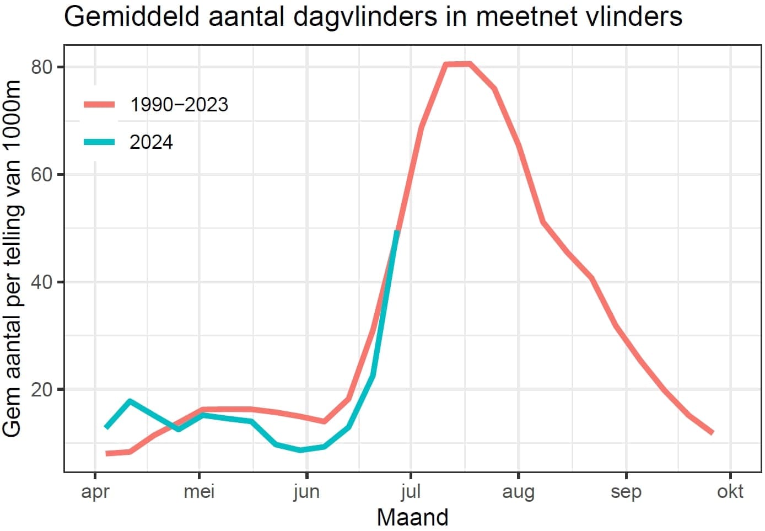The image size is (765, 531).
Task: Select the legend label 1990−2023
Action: [x=179, y=105]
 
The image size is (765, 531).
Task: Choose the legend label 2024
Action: [x=151, y=142]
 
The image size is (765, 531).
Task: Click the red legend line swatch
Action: [x=99, y=104]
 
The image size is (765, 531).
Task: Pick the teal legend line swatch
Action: [x=99, y=142]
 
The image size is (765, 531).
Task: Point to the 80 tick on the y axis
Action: [x=41, y=67]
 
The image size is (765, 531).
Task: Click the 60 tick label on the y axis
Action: [x=41, y=175]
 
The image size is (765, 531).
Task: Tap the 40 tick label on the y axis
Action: [x=41, y=282]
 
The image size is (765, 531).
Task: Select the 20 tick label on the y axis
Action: [x=41, y=390]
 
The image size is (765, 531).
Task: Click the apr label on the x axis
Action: [x=95, y=491]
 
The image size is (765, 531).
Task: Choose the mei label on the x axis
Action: [x=199, y=491]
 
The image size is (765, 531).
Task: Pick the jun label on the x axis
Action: [x=306, y=491]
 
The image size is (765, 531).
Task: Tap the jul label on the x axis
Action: [x=411, y=491]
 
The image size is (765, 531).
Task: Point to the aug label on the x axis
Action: [x=518, y=491]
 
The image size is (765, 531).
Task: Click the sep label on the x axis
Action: [x=626, y=491]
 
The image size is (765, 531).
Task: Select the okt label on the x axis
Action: [x=730, y=491]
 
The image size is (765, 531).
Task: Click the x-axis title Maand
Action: [x=412, y=518]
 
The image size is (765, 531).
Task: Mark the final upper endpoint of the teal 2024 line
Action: [x=397, y=232]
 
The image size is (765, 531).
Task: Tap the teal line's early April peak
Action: [x=130, y=401]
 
